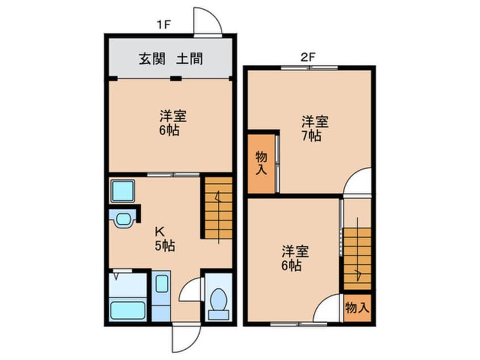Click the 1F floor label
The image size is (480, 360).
coord(165,24)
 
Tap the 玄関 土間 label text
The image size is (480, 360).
coord(171,58)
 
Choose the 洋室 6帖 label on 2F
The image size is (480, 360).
coord(292,258)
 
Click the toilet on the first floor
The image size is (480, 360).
coord(218,300)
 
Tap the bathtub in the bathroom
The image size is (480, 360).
coord(127,310)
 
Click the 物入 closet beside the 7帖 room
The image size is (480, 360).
coord(261,163)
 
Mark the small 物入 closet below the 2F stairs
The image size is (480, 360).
coord(357,308)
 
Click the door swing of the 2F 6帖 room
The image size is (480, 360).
coord(329,311)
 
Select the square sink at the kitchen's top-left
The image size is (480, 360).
coord(122,191)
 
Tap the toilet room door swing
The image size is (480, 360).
coord(191,290)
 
